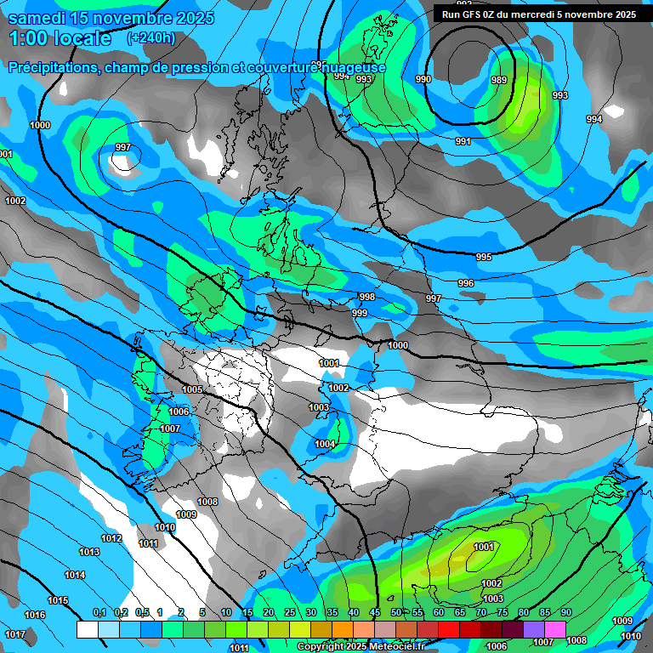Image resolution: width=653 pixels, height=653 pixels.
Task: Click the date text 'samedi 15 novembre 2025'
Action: [x=111, y=18]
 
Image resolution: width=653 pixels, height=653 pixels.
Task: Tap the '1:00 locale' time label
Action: [x=60, y=38]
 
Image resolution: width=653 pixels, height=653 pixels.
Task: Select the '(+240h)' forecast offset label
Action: [x=151, y=38]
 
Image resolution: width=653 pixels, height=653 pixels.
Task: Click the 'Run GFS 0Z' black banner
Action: [x=539, y=14]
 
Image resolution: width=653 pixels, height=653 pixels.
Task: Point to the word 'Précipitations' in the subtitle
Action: [x=53, y=67]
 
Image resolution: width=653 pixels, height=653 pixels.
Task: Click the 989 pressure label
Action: [x=499, y=80]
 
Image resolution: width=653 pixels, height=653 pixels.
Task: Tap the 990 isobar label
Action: [x=423, y=80]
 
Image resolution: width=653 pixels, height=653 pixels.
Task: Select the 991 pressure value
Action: [x=463, y=141]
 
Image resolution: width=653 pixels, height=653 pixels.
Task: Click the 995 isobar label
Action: [x=484, y=257]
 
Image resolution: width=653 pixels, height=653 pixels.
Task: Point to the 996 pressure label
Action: [x=466, y=283]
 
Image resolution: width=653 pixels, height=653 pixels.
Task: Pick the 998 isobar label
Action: [x=366, y=297]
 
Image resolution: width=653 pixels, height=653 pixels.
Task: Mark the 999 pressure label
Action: [x=360, y=313]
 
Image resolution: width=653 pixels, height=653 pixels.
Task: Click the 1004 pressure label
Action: [x=325, y=444]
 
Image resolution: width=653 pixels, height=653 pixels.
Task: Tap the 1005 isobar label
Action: [x=192, y=389]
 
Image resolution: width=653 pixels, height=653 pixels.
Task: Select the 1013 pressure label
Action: [x=89, y=552]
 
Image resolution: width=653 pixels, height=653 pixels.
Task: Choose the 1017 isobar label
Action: [x=14, y=634]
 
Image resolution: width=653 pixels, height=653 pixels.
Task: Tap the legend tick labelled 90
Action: [x=565, y=613]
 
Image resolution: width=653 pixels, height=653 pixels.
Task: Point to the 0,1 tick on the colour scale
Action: [x=99, y=613]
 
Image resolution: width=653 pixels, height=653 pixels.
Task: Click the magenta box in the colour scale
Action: [x=555, y=629]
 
